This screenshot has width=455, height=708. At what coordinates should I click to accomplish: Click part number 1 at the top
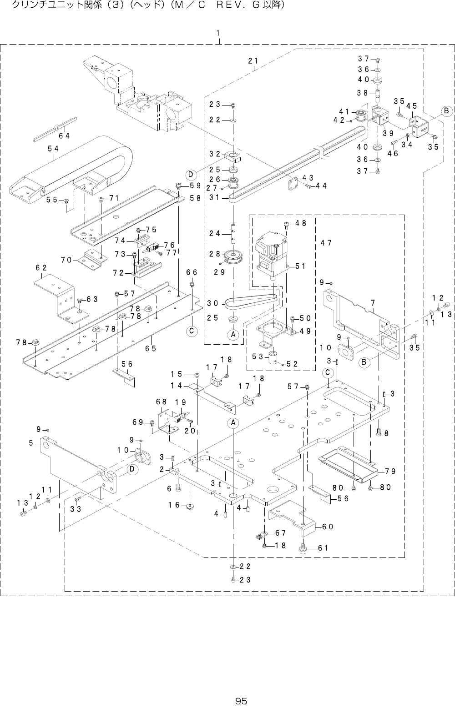coord(219,33)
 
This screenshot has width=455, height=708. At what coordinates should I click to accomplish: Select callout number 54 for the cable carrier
coord(52,148)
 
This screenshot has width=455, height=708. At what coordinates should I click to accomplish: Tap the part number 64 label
coord(64,135)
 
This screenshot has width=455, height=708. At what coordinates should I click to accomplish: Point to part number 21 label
coord(253,61)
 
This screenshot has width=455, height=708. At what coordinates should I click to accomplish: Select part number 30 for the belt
coord(212,303)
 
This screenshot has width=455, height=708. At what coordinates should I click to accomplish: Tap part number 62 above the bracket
coord(42,268)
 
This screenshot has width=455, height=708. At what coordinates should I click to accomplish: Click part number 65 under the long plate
coord(151,348)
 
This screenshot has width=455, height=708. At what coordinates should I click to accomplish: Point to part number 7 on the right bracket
coord(373,302)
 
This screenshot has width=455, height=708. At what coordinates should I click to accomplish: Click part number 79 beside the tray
coord(390,470)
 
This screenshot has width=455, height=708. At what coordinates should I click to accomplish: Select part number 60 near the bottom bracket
coord(328,527)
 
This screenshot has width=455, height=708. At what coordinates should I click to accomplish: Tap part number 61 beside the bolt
coord(323,547)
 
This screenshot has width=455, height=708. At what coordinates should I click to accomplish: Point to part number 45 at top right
coord(412,105)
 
